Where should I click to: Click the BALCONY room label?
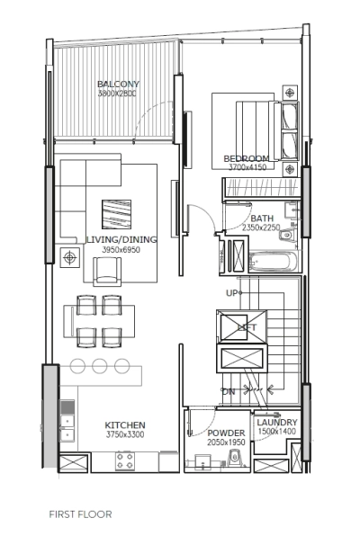coord(118,85)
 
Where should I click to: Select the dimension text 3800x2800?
coord(118,94)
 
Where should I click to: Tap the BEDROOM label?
coord(247,158)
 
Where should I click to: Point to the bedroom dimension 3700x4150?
coord(247,167)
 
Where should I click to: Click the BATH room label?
coord(262,219)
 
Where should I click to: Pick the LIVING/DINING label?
coord(121,239)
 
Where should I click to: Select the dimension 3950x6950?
coord(121,249)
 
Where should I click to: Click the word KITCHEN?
coord(125,424)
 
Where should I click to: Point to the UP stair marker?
coord(231,294)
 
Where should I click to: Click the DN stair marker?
coord(229,391)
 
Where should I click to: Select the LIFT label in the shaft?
coord(245,329)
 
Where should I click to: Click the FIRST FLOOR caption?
coord(80,515)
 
